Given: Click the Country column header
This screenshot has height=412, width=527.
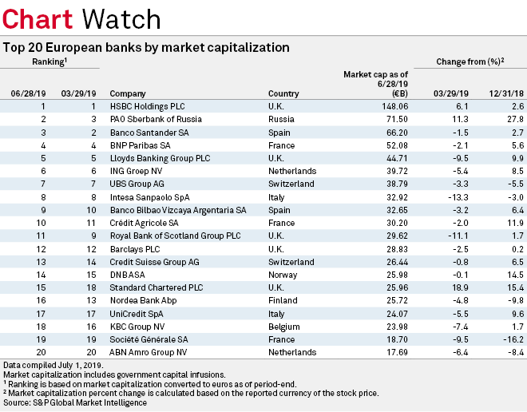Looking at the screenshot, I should click(283, 93).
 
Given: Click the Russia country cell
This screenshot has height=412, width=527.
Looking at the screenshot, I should click(282, 118).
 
